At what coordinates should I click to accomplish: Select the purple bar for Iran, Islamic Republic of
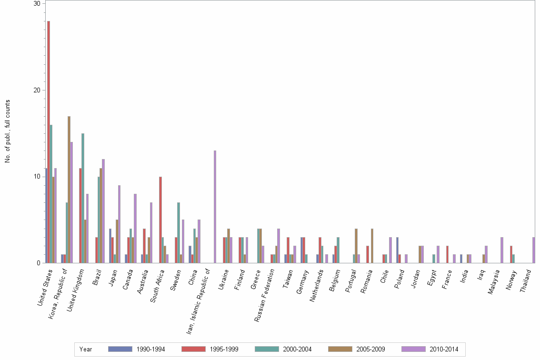(215, 207)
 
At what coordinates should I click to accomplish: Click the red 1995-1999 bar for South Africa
(160, 220)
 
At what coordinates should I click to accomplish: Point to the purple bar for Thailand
(534, 250)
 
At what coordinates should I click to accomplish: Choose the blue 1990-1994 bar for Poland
(397, 250)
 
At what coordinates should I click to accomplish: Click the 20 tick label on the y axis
(36, 90)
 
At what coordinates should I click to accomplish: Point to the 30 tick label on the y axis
(36, 3)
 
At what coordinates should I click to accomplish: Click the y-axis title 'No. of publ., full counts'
(8, 131)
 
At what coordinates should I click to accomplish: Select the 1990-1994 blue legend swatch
(120, 349)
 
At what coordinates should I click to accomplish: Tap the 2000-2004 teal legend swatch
(267, 349)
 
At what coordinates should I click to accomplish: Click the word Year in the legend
(86, 350)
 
